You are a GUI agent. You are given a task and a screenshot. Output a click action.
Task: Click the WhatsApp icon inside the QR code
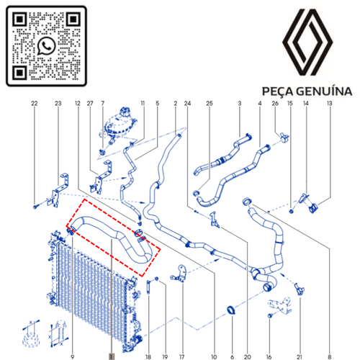click(46, 46)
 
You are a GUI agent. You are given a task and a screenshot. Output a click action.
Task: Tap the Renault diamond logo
click(307, 42)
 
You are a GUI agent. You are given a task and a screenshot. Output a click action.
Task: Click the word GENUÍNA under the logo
click(324, 91)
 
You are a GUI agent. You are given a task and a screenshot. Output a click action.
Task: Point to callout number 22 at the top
click(35, 104)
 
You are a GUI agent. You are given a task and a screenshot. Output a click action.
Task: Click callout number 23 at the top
click(58, 104)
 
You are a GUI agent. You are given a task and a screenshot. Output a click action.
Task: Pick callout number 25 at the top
click(210, 104)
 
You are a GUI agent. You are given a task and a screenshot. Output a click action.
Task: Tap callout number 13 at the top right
click(330, 104)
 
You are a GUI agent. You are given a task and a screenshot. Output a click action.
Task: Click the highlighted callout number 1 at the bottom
click(112, 356)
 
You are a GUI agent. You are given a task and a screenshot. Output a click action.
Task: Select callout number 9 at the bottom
click(72, 357)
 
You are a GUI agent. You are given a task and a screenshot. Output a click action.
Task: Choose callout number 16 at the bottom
click(269, 357)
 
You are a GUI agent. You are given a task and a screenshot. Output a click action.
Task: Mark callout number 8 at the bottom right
click(330, 357)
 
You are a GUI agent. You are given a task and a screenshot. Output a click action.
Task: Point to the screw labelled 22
click(35, 207)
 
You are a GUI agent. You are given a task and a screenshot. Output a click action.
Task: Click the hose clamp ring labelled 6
click(231, 310)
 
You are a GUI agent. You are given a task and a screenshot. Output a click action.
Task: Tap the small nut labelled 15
click(292, 211)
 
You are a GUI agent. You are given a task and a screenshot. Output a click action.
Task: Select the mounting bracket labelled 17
click(179, 274)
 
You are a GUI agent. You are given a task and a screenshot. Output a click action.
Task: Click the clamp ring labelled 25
click(196, 193)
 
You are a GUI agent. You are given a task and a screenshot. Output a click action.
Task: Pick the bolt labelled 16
click(270, 316)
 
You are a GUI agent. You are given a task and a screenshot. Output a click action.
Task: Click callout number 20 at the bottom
click(247, 357)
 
